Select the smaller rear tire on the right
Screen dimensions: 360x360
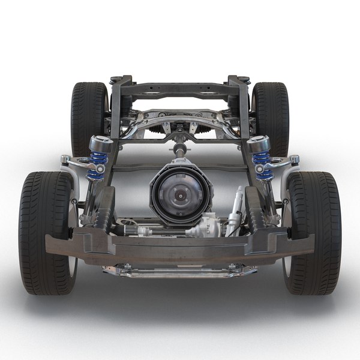coord(271,117)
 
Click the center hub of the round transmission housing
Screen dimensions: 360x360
coord(180,194)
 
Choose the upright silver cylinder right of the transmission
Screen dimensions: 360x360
coord(235,210)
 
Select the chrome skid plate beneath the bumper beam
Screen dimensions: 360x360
coord(180,271)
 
